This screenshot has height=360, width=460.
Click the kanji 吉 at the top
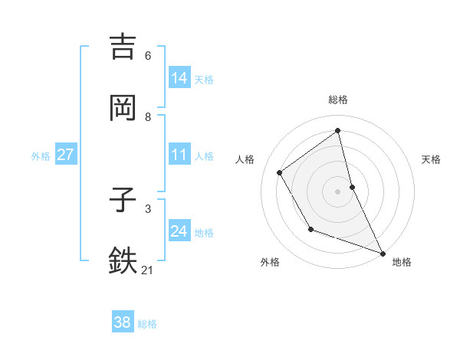(123, 47)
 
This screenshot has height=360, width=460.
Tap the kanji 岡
(123, 107)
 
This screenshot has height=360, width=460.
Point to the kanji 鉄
(123, 260)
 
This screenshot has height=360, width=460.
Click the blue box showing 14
(179, 78)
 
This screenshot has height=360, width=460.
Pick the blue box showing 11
(179, 155)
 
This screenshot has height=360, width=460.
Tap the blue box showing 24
(179, 232)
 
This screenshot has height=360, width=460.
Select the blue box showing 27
(65, 155)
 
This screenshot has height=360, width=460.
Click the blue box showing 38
(122, 322)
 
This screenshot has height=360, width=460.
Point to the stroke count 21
(149, 270)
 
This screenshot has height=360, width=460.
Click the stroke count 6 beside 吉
(148, 56)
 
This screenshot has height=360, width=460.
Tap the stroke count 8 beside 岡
(148, 117)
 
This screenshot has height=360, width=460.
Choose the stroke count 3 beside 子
(148, 208)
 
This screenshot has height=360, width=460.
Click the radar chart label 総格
(338, 100)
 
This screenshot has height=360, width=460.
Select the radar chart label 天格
(431, 159)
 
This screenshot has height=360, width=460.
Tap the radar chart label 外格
(270, 262)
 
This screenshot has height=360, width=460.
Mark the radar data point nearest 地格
(383, 253)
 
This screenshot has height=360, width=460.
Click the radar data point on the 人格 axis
(280, 173)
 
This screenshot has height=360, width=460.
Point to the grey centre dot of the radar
(338, 191)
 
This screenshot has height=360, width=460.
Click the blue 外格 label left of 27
(41, 155)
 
